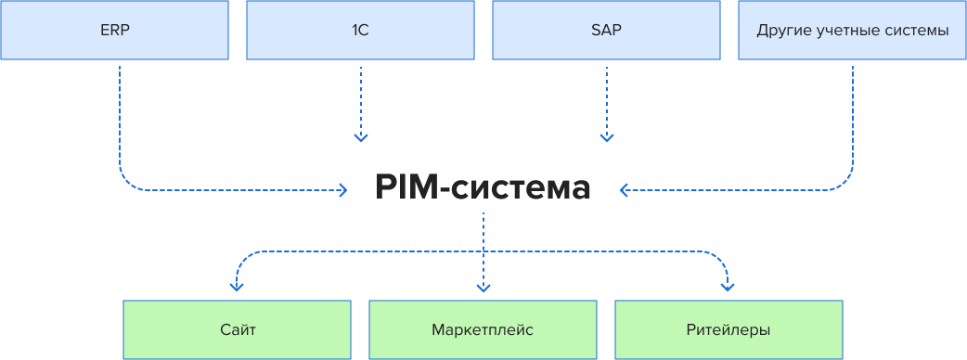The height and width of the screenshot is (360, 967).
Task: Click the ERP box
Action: pos(114,30)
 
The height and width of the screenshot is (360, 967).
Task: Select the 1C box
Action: pos(360,30)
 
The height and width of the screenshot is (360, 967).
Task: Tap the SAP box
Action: pos(606,30)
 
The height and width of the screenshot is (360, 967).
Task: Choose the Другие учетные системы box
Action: pos(852,30)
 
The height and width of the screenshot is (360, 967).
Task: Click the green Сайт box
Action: pos(238,329)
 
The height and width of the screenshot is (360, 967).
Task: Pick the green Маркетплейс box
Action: pos(483,329)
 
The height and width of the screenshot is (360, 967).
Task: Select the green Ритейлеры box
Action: pos(728,329)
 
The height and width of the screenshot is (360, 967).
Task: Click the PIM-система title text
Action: pos(483,188)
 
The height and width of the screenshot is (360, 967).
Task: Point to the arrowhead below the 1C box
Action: pos(361,138)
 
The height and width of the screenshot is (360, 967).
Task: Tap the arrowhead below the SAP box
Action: pos(607,138)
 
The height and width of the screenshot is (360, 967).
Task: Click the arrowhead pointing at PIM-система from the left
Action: pos(343,190)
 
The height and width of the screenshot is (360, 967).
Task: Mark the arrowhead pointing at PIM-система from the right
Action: pos(624,190)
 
